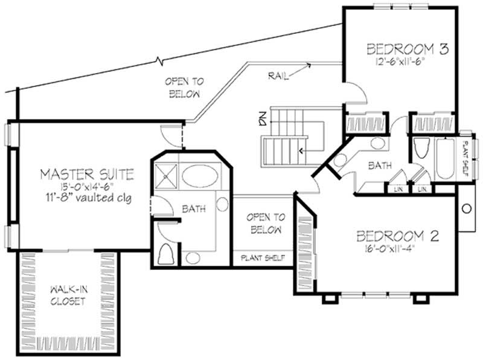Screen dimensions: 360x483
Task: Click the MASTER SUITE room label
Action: pyautogui.click(x=86, y=175)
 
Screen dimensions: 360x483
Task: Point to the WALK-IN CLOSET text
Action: pyautogui.click(x=68, y=294)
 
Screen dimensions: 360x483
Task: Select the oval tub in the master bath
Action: pyautogui.click(x=202, y=176)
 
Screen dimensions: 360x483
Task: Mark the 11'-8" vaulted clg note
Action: pyautogui.click(x=86, y=198)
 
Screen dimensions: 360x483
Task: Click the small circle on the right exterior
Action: pyautogui.click(x=466, y=208)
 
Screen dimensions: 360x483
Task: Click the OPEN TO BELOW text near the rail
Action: pyautogui.click(x=185, y=87)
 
